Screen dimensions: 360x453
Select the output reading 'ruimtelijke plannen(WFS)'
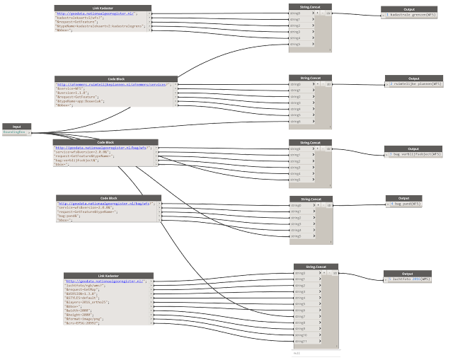417,83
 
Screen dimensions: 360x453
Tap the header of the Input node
16,126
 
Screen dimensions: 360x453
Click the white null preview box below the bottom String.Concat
315,352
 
